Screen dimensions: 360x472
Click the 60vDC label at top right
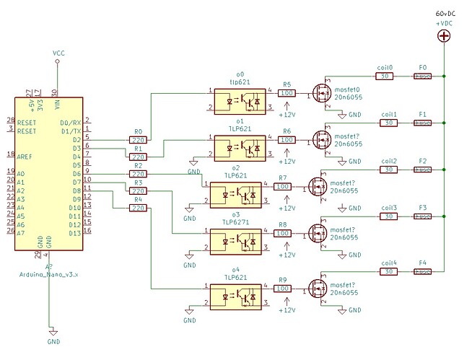pyautogui.click(x=444, y=14)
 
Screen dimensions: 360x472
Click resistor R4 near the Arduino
pyautogui.click(x=138, y=208)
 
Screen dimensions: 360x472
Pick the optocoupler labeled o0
pyautogui.click(x=239, y=100)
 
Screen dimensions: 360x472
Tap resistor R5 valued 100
pyautogui.click(x=287, y=92)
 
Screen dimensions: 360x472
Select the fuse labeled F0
pyautogui.click(x=423, y=76)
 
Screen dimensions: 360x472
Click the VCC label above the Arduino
pyautogui.click(x=58, y=53)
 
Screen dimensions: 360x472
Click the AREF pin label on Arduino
pyautogui.click(x=26, y=155)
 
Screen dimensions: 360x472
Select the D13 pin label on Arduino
pyautogui.click(x=73, y=232)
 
